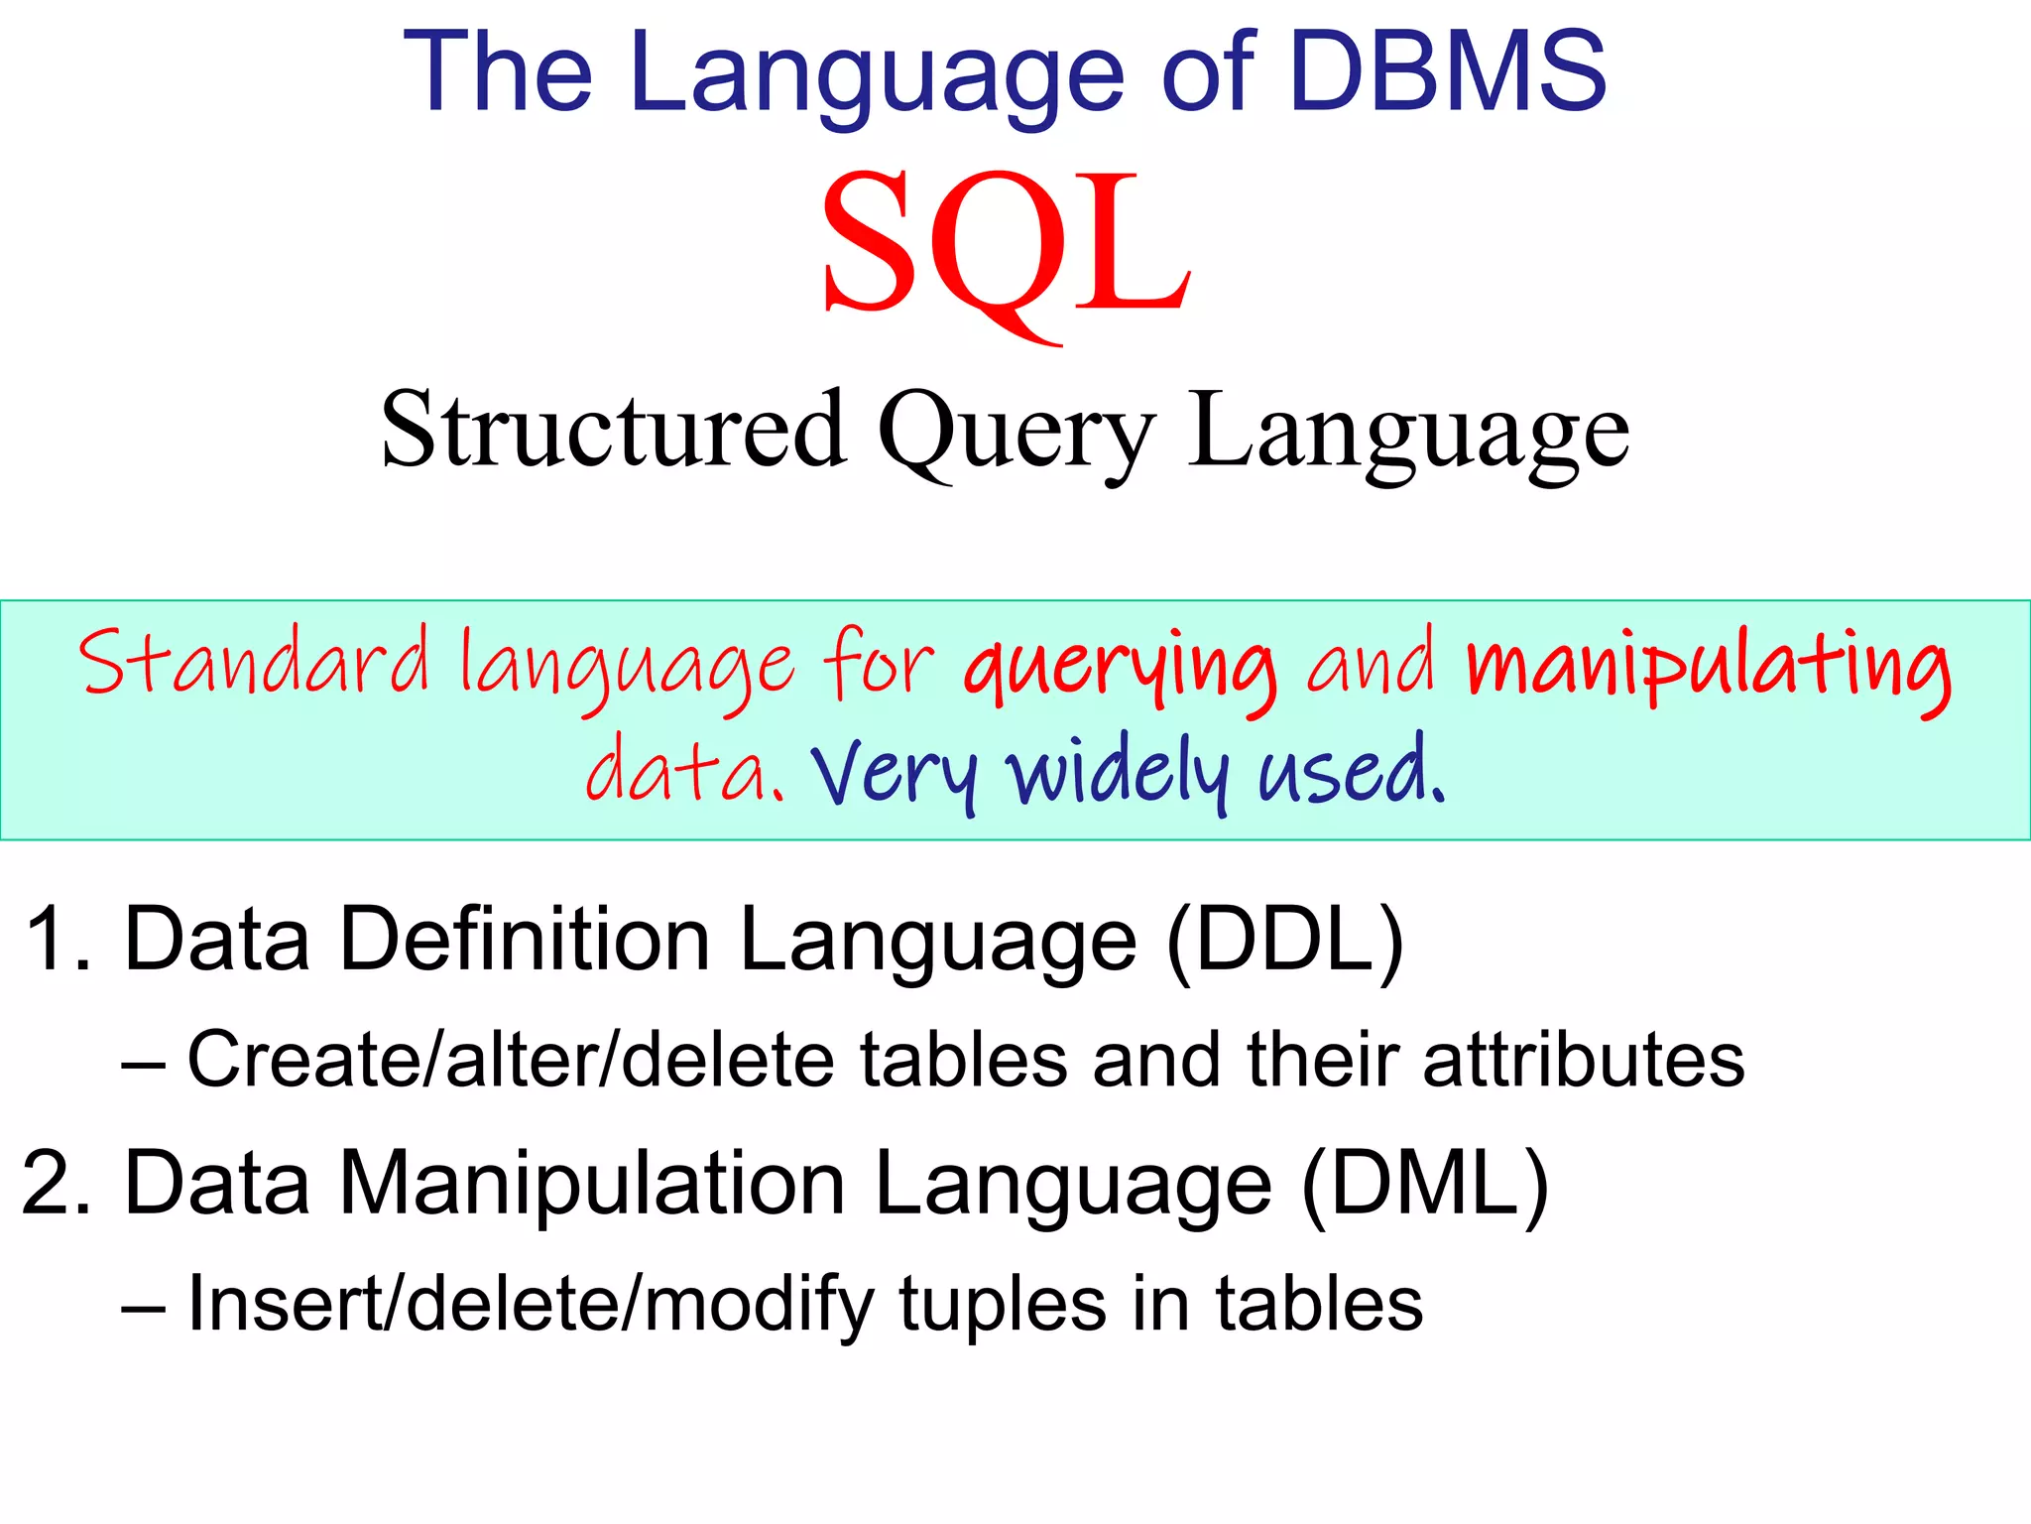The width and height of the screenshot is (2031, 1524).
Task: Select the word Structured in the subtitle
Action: [x=613, y=429]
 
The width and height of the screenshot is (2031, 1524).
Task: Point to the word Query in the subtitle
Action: [x=1015, y=433]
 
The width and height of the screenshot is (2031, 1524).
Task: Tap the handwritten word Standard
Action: [x=254, y=663]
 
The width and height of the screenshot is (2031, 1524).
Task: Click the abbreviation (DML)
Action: [x=1424, y=1185]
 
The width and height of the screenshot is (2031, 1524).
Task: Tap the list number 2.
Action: [x=56, y=1183]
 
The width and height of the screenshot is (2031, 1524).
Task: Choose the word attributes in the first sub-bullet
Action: [x=1583, y=1060]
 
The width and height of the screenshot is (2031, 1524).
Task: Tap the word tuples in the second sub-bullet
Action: [x=1002, y=1306]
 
